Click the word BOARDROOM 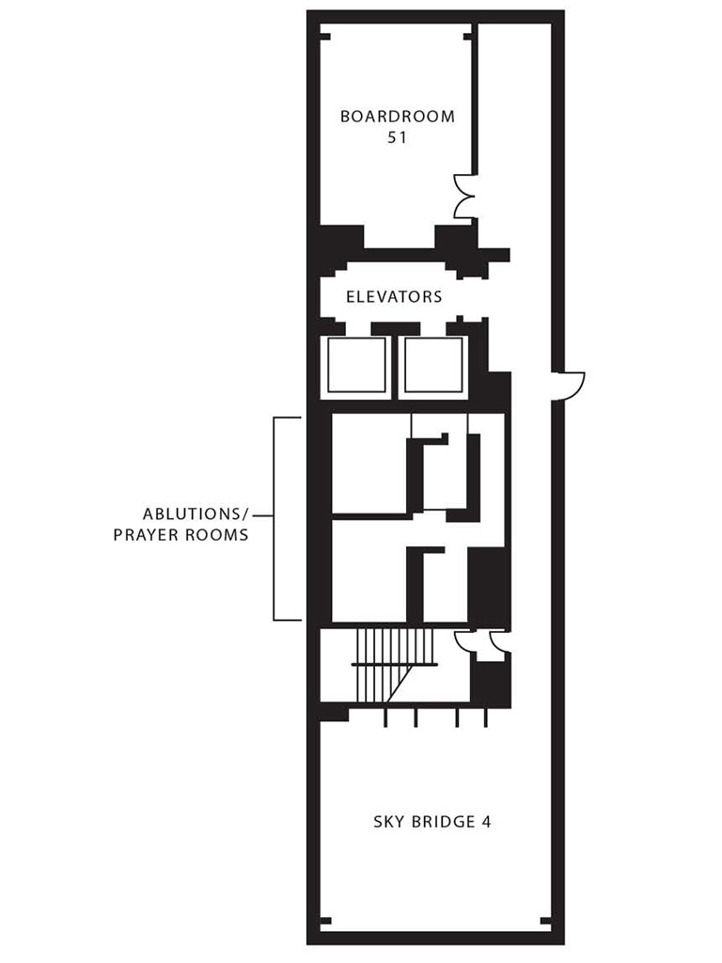pyautogui.click(x=397, y=117)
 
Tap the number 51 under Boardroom pyautogui.click(x=397, y=137)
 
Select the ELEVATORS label pyautogui.click(x=394, y=297)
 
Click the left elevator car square pyautogui.click(x=356, y=366)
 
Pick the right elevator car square pyautogui.click(x=433, y=366)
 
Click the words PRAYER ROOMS pyautogui.click(x=180, y=535)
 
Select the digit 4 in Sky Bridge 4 pyautogui.click(x=486, y=821)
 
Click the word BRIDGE pyautogui.click(x=445, y=821)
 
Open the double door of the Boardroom pyautogui.click(x=464, y=196)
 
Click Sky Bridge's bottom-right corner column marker pyautogui.click(x=542, y=921)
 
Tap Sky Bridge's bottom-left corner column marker pyautogui.click(x=325, y=921)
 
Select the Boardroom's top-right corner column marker pyautogui.click(x=467, y=36)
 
